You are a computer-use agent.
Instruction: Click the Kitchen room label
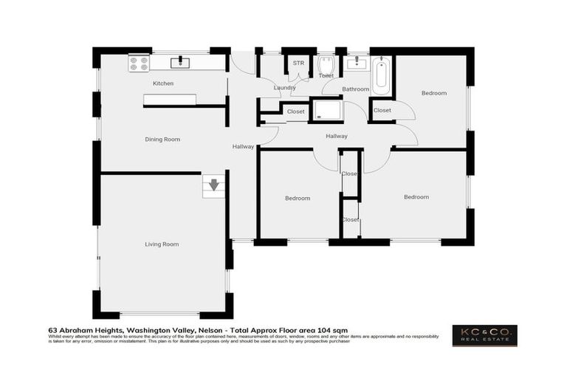tap(163, 83)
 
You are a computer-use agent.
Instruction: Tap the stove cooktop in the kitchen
tap(139, 63)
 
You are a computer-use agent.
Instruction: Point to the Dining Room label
tap(162, 139)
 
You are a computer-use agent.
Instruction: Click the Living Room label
tap(161, 244)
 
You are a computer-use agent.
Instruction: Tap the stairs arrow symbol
tap(213, 185)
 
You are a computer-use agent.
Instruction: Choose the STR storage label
tap(298, 63)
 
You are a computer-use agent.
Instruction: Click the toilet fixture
tap(326, 68)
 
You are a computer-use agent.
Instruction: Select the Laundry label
tap(284, 88)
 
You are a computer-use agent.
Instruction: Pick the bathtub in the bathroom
tap(381, 76)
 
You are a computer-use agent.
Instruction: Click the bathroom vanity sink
tap(357, 63)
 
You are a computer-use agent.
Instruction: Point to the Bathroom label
tap(355, 89)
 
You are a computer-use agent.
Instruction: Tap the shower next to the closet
tap(328, 111)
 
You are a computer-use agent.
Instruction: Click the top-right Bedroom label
tap(434, 93)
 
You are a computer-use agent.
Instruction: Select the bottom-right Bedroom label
tap(416, 197)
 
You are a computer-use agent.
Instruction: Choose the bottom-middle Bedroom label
tap(298, 198)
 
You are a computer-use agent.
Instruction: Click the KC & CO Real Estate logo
tap(485, 335)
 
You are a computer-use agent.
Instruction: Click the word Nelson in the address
tap(211, 330)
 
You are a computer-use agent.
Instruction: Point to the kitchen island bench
tap(170, 100)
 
